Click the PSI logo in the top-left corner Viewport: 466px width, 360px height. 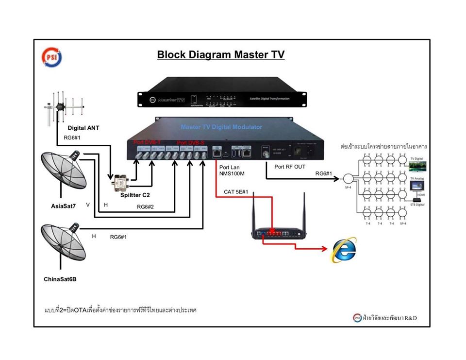tap(50, 55)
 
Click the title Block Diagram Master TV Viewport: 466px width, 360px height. tap(220, 54)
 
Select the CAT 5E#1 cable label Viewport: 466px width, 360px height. tap(237, 191)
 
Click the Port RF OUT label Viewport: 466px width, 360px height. tap(289, 167)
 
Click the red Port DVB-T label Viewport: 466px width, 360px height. tap(147, 142)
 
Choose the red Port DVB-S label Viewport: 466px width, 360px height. tap(191, 142)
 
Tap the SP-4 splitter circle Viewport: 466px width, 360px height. tap(349, 179)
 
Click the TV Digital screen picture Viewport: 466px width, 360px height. tap(417, 166)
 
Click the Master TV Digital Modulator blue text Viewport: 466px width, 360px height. tap(221, 127)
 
